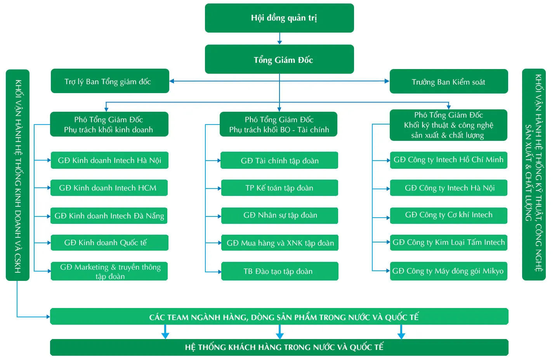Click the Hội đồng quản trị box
[279, 18]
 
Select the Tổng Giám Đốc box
[279, 59]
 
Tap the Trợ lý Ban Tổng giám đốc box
[110, 81]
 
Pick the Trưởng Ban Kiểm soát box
[448, 81]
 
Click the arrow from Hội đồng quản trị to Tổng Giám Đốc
[279, 38]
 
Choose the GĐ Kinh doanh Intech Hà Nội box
[109, 160]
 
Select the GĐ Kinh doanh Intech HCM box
[109, 188]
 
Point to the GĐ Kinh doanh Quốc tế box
[109, 242]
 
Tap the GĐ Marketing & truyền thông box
[109, 271]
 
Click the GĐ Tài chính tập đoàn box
[279, 160]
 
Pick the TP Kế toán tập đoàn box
[279, 188]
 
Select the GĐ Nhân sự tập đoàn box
[279, 215]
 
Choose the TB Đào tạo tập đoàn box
[279, 271]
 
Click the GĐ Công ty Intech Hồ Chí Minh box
[448, 160]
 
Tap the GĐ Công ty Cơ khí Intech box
[448, 215]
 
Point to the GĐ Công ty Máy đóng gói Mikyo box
[448, 271]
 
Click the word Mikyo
[493, 271]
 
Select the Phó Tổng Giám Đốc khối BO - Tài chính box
[278, 124]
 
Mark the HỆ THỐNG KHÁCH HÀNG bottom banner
[279, 347]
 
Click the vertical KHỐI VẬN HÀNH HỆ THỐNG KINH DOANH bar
[17, 175]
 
